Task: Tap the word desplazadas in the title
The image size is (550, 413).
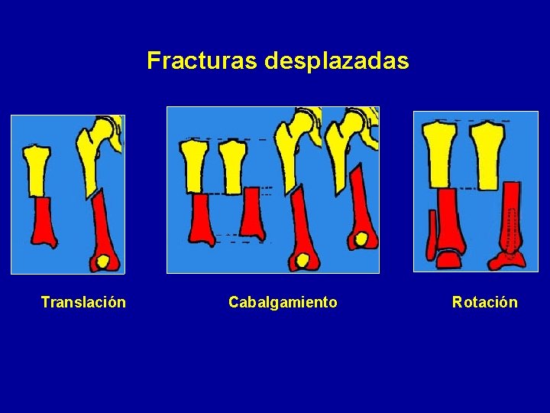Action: click(337, 60)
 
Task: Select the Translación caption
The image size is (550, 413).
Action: click(83, 302)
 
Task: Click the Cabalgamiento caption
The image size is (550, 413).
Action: click(283, 302)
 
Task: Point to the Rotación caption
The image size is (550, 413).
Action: click(484, 302)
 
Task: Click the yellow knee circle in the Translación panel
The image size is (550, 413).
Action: click(102, 262)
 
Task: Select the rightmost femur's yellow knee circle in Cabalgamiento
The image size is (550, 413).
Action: click(362, 239)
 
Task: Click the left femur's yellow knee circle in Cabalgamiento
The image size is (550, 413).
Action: click(303, 261)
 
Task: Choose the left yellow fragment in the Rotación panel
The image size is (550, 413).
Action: click(442, 153)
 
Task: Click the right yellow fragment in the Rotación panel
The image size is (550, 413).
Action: click(487, 153)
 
